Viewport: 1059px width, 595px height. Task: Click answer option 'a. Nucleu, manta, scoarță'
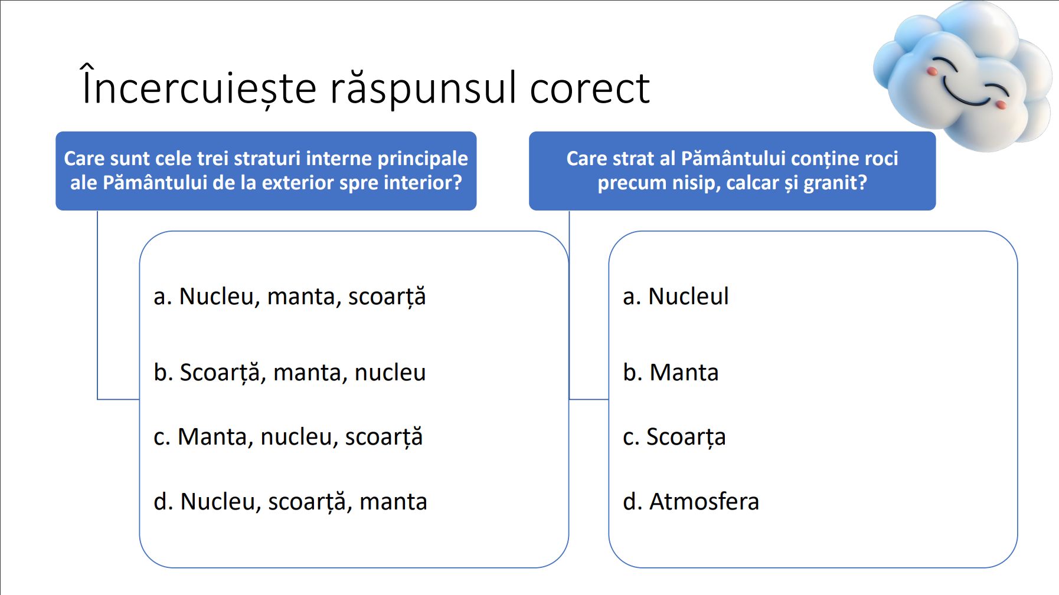289,297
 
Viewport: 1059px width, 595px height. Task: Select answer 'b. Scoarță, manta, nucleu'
289,373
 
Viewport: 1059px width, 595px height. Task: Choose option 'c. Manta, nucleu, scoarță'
288,437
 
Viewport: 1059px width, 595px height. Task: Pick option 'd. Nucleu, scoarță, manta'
290,502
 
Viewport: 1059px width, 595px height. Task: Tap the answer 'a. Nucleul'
675,296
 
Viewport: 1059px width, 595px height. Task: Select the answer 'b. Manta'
671,373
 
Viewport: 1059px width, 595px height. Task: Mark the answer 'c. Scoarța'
674,437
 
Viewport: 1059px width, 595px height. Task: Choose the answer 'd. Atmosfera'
691,502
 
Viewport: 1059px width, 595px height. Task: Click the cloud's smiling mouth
966,95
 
